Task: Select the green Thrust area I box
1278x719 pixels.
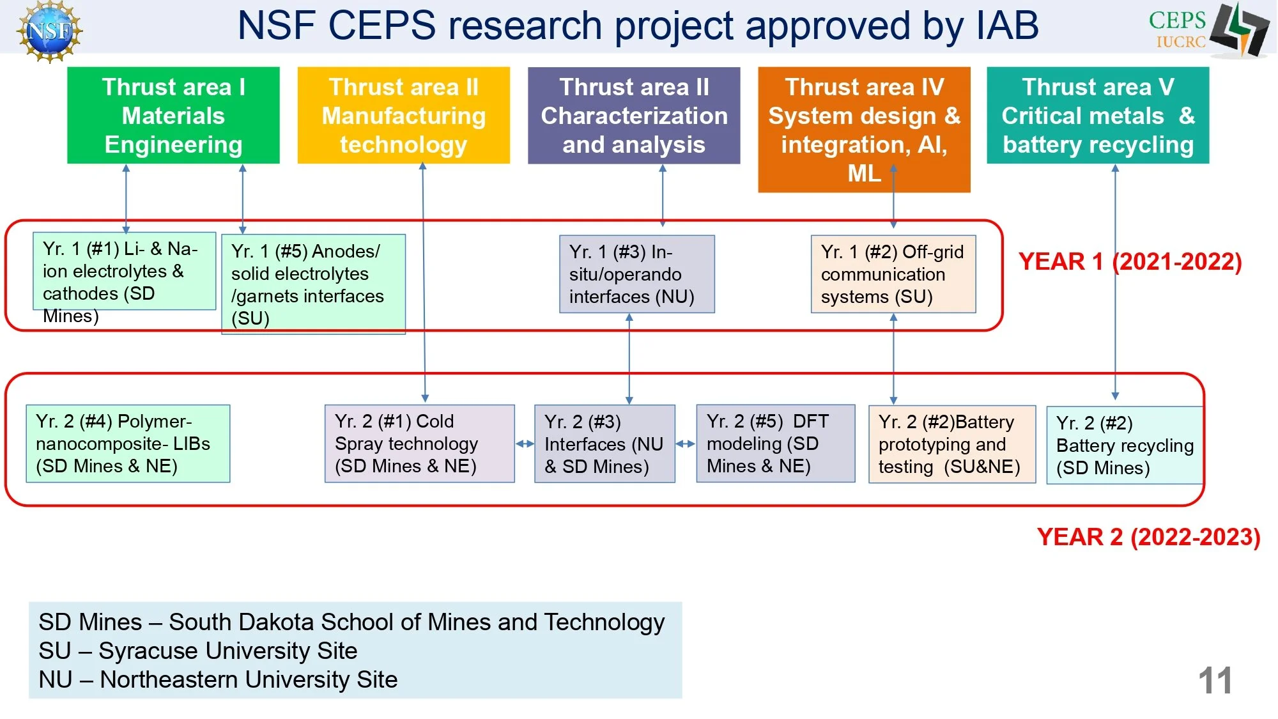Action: pyautogui.click(x=173, y=116)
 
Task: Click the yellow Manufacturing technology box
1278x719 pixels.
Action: pyautogui.click(x=403, y=116)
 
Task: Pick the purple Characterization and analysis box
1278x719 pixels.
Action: pyautogui.click(x=633, y=116)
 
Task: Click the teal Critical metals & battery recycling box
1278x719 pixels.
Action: pyautogui.click(x=1097, y=116)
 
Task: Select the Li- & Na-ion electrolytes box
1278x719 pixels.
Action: pyautogui.click(x=124, y=272)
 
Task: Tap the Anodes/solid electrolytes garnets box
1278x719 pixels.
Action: pyautogui.click(x=313, y=284)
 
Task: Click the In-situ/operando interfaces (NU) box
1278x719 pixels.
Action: pyautogui.click(x=636, y=274)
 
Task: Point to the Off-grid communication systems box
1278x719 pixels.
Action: pyautogui.click(x=893, y=274)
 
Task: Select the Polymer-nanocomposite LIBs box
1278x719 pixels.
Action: pyautogui.click(x=128, y=444)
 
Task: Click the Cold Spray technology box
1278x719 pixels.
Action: pyautogui.click(x=419, y=444)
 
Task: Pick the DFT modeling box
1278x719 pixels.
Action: pyautogui.click(x=775, y=444)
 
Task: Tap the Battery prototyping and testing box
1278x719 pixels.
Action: pyautogui.click(x=951, y=444)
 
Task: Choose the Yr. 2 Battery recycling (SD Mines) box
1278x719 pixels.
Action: pyautogui.click(x=1124, y=445)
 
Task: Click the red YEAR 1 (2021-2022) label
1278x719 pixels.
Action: pyautogui.click(x=1129, y=261)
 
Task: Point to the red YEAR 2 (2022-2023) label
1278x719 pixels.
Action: pyautogui.click(x=1148, y=537)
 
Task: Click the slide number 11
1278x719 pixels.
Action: pyautogui.click(x=1215, y=681)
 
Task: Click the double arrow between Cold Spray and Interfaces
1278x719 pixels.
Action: pyautogui.click(x=525, y=444)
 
